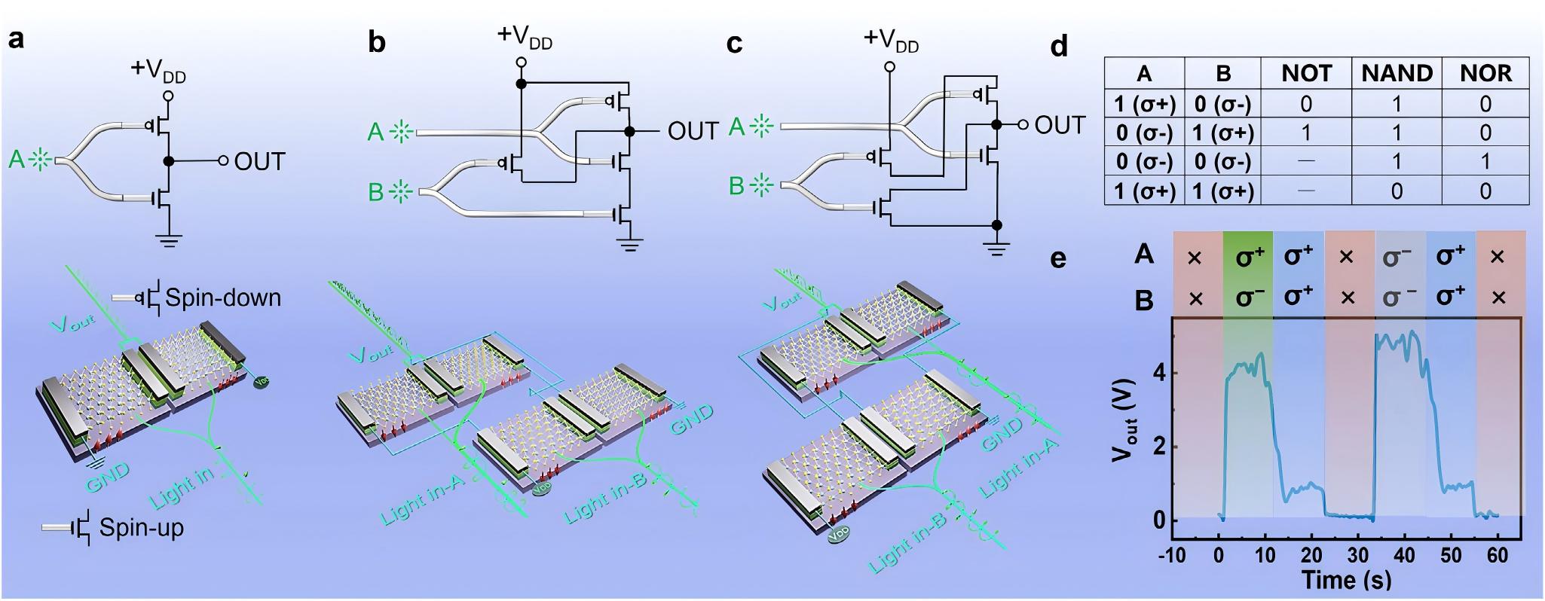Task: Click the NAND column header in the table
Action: tap(1397, 73)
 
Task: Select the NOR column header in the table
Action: tap(1485, 73)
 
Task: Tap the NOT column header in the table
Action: tap(1306, 73)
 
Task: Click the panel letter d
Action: tap(1059, 47)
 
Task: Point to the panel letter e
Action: tap(1058, 258)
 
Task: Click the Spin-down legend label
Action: tap(223, 297)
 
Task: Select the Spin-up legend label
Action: tap(141, 528)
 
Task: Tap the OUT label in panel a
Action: tap(260, 161)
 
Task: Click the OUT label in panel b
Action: tap(693, 131)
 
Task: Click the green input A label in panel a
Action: tap(17, 160)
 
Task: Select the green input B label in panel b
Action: tap(376, 192)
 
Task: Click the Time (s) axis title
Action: tap(1346, 580)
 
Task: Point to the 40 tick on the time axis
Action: tap(1405, 556)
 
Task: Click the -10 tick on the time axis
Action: tap(1172, 556)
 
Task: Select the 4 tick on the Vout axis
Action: tap(1159, 372)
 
